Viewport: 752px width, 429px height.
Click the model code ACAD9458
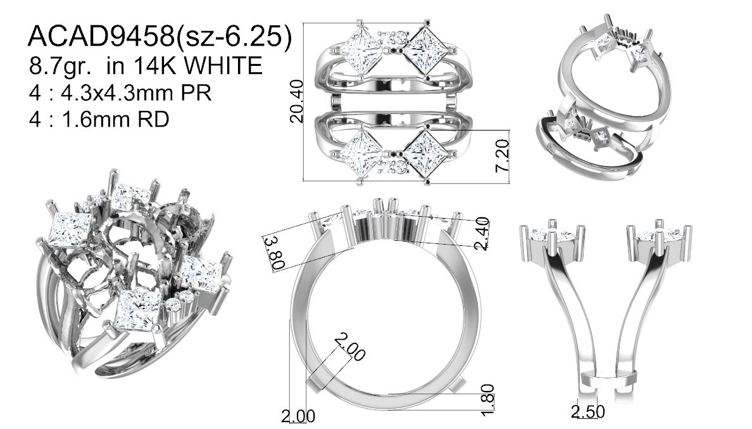click(101, 36)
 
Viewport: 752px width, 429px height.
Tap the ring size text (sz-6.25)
click(234, 37)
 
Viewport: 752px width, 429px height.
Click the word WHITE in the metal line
click(223, 65)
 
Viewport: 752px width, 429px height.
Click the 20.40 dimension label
click(297, 101)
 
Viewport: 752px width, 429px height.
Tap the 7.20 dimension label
click(502, 155)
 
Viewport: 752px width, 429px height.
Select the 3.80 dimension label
click(276, 253)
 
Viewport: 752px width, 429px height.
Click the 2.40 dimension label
click(482, 234)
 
